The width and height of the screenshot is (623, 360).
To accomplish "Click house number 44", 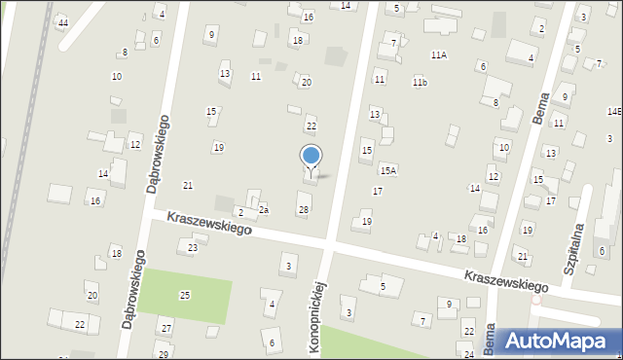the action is [x=63, y=22].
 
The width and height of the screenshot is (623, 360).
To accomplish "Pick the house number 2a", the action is [x=263, y=210].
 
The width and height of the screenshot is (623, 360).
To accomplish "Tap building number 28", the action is [x=304, y=210].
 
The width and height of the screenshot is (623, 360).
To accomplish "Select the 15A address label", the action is [x=387, y=170].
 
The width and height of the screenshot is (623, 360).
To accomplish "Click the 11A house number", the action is [x=439, y=55].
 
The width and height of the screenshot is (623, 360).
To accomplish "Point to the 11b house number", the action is [x=420, y=82].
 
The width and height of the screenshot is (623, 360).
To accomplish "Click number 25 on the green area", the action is [x=185, y=294].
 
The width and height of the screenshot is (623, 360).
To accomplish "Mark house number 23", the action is [x=193, y=248].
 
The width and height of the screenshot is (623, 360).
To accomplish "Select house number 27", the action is [x=166, y=328].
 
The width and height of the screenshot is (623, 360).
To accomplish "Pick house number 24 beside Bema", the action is [x=469, y=355].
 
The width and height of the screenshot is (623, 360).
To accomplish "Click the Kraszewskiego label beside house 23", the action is [x=208, y=223].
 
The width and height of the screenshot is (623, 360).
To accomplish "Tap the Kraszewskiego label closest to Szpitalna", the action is [x=505, y=281].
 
